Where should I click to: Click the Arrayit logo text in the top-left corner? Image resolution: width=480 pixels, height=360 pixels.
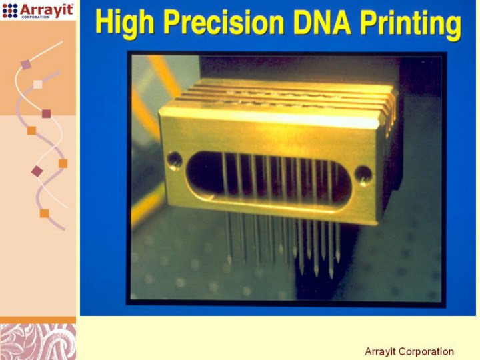(x=47, y=10)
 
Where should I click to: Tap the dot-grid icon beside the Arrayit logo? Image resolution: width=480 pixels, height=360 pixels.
(x=10, y=11)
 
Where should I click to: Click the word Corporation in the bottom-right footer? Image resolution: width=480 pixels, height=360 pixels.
(x=427, y=351)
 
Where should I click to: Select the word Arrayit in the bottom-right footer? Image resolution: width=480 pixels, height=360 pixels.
(x=381, y=352)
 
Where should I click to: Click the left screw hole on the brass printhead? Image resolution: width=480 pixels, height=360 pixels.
(x=175, y=161)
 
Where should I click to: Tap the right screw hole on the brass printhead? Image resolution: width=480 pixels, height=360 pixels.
(x=363, y=175)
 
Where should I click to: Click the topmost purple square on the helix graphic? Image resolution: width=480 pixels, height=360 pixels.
(x=26, y=65)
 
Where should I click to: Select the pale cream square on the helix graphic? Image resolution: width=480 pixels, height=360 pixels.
(x=37, y=84)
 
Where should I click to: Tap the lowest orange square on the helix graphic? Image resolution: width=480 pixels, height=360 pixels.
(x=45, y=213)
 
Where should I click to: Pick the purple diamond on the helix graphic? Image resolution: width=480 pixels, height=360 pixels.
(x=37, y=171)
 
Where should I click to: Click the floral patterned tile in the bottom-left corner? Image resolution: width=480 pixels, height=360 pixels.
(x=38, y=341)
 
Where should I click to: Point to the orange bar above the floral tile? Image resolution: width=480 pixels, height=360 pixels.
(x=38, y=320)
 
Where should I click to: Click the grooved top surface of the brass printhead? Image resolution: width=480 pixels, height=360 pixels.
(x=285, y=95)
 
